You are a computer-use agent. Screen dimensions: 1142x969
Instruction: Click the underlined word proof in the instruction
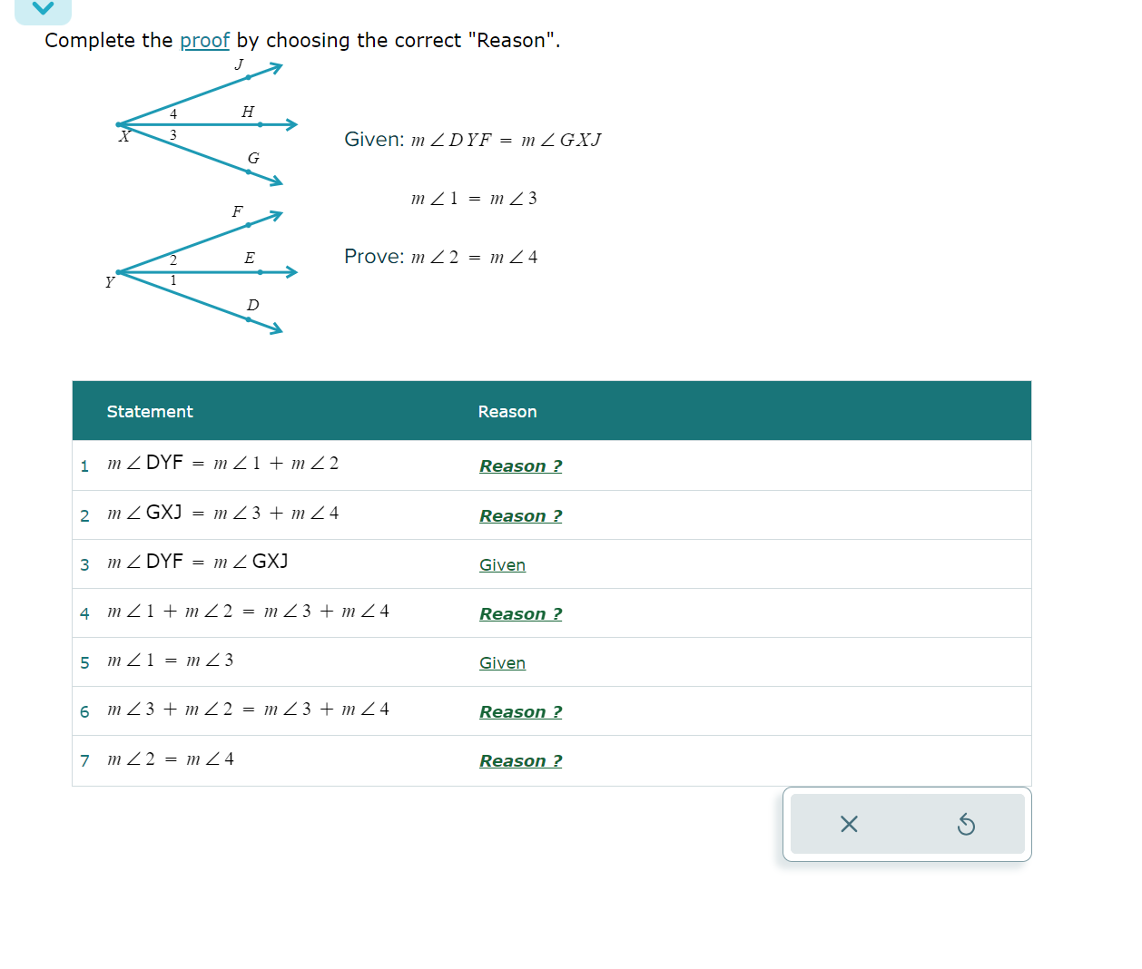(x=204, y=41)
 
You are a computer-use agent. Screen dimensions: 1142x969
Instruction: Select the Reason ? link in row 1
(x=520, y=466)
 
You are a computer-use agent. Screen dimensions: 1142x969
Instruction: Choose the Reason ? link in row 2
(x=520, y=516)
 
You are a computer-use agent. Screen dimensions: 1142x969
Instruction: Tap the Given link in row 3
(x=502, y=565)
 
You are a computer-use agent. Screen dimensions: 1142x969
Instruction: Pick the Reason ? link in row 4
(x=520, y=614)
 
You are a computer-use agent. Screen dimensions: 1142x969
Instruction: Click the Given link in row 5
(x=502, y=663)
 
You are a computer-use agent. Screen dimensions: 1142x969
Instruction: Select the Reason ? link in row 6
(x=520, y=712)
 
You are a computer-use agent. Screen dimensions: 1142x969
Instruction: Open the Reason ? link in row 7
(x=520, y=761)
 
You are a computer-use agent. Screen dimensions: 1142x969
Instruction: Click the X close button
(x=849, y=824)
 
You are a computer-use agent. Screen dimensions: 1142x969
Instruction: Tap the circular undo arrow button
(x=966, y=824)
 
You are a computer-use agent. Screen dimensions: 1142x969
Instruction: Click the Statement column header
(x=150, y=412)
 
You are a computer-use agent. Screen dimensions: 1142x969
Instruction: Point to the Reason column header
(x=507, y=412)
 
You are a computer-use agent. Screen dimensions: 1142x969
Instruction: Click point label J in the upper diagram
(x=239, y=64)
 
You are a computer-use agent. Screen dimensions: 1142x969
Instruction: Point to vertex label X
(x=125, y=137)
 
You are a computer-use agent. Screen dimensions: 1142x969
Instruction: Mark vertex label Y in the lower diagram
(x=110, y=282)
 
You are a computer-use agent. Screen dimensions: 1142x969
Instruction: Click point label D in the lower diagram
(x=252, y=306)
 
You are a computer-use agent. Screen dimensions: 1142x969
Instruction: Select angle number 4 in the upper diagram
(x=173, y=114)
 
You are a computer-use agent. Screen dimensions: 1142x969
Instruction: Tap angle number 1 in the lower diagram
(x=173, y=281)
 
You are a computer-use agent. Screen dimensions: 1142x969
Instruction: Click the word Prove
(x=373, y=257)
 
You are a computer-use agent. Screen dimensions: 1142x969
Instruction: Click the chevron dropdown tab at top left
(x=43, y=9)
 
